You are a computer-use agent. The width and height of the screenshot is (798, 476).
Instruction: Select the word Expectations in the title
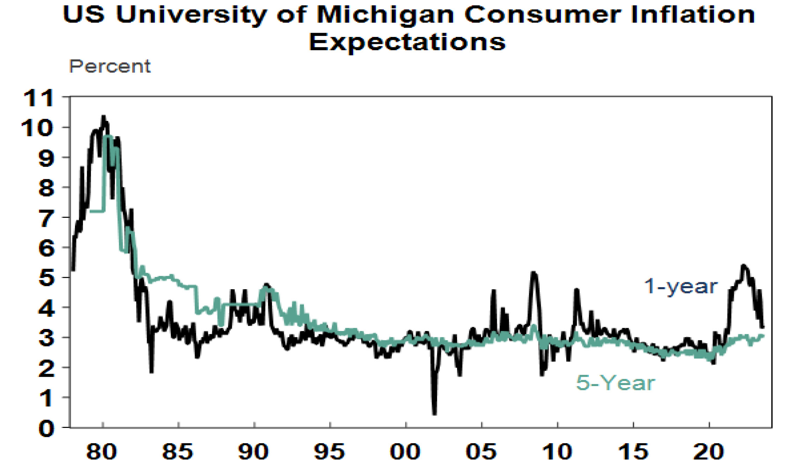[407, 43]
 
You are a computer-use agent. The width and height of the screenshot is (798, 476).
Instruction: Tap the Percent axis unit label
[110, 66]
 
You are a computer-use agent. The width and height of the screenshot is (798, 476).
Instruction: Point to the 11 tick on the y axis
[38, 98]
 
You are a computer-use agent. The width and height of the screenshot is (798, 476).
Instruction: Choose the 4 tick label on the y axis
[46, 309]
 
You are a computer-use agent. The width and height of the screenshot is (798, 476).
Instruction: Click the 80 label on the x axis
[102, 452]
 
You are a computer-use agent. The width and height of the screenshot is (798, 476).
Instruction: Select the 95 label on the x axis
[329, 452]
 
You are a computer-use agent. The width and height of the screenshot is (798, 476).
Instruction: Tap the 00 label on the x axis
[405, 452]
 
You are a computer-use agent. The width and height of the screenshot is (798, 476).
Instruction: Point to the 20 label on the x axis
[708, 452]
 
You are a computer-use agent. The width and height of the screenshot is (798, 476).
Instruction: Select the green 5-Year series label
[615, 383]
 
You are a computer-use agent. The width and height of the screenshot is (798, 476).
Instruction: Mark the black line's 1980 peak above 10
[103, 117]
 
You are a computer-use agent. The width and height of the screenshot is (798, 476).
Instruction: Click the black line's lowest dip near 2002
[434, 414]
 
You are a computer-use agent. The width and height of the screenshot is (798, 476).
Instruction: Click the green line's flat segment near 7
[97, 211]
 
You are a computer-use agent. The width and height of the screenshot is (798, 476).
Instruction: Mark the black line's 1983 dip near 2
[151, 371]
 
